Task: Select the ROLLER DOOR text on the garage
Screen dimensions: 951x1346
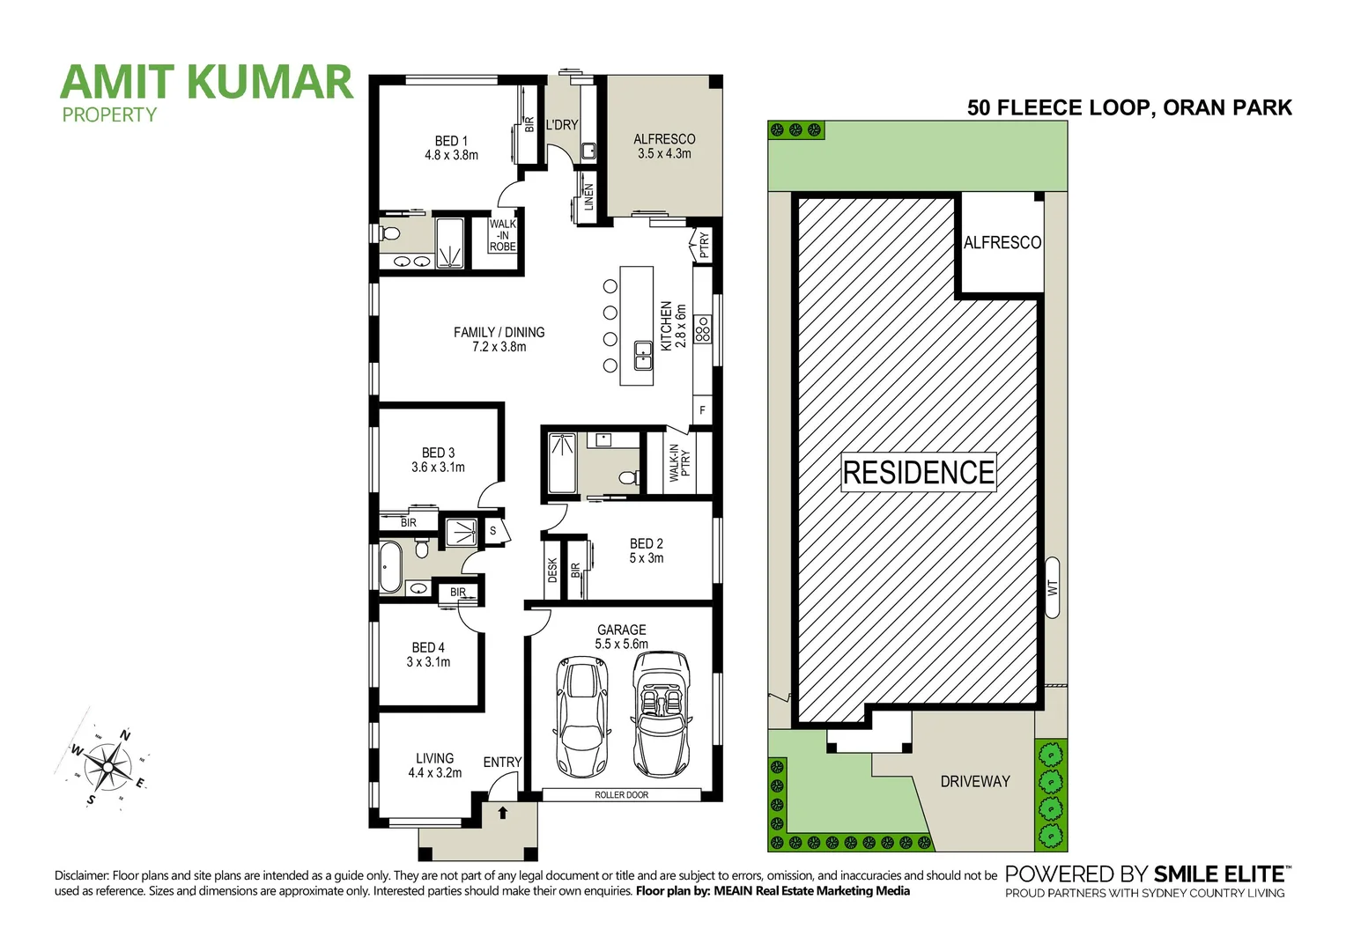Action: pyautogui.click(x=621, y=795)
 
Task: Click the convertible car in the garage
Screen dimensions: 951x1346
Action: pyautogui.click(x=661, y=713)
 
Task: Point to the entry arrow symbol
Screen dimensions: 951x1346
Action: pyautogui.click(x=502, y=813)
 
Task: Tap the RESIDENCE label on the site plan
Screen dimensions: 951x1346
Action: pyautogui.click(x=918, y=473)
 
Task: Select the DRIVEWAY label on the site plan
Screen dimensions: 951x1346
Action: pyautogui.click(x=974, y=781)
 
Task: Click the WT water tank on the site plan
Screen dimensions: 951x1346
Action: pyautogui.click(x=1052, y=586)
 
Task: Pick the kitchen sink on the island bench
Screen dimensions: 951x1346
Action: pyautogui.click(x=643, y=357)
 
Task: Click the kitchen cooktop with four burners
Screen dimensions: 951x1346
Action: pyautogui.click(x=702, y=329)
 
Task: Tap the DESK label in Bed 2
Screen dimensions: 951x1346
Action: pyautogui.click(x=552, y=571)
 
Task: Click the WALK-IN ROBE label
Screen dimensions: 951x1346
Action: pyautogui.click(x=503, y=235)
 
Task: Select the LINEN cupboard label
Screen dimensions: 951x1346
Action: pyautogui.click(x=588, y=196)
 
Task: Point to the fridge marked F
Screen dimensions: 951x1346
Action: pyautogui.click(x=702, y=410)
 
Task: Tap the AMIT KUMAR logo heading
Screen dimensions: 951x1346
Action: pyautogui.click(x=207, y=82)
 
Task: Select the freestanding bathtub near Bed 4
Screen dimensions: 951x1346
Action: pyautogui.click(x=389, y=567)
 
